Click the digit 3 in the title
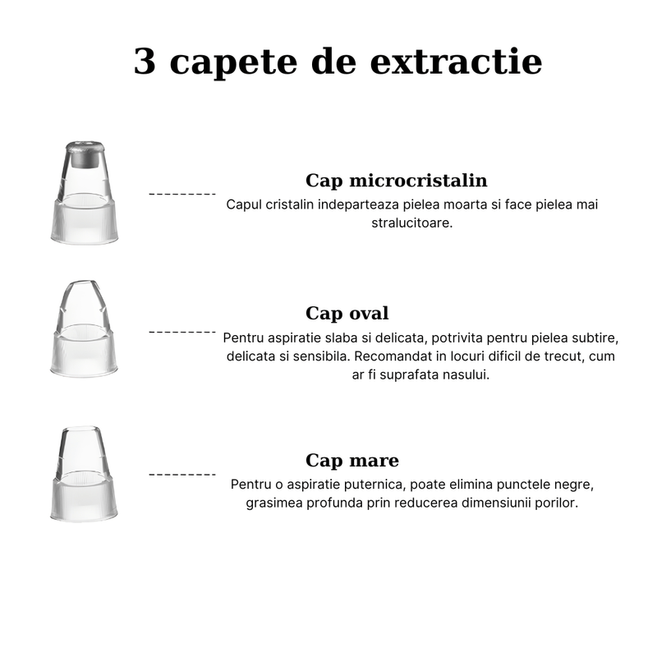click(145, 62)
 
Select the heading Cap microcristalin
click(396, 181)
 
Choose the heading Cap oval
click(347, 313)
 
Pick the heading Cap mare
click(352, 460)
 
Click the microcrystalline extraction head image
click(86, 193)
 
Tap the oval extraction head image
click(85, 329)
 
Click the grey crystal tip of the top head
click(86, 151)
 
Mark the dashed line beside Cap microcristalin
click(181, 195)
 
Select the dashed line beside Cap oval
click(181, 333)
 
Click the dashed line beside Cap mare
click(181, 475)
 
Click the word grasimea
click(273, 503)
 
